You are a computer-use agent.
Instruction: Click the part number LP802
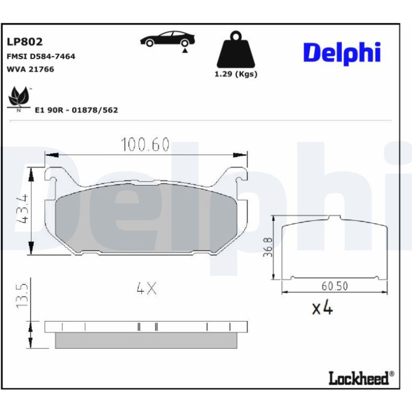[x=25, y=42]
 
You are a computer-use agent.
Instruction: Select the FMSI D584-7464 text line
[x=41, y=56]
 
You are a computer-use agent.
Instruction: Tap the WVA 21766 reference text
[x=30, y=69]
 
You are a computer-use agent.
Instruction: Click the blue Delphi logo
[x=342, y=54]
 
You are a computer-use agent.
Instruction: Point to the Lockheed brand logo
[x=361, y=378]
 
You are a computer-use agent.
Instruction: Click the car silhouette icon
[x=167, y=39]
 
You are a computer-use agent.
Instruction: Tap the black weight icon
[x=235, y=49]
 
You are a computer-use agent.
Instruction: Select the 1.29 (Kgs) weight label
[x=235, y=74]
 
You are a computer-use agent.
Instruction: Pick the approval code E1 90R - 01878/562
[x=77, y=110]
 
